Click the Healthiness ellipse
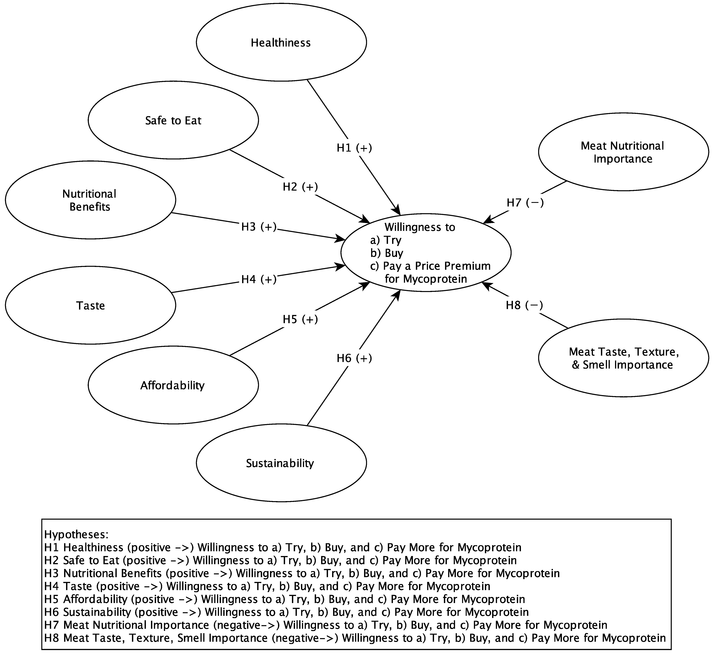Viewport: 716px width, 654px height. click(281, 43)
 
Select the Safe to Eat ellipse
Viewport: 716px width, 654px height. click(173, 120)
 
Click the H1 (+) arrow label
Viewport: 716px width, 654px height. click(354, 148)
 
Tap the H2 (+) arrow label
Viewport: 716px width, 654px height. click(300, 187)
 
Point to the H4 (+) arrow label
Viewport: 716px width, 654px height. click(259, 279)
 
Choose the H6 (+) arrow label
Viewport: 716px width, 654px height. click(354, 358)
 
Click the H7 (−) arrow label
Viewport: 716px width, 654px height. click(525, 203)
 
